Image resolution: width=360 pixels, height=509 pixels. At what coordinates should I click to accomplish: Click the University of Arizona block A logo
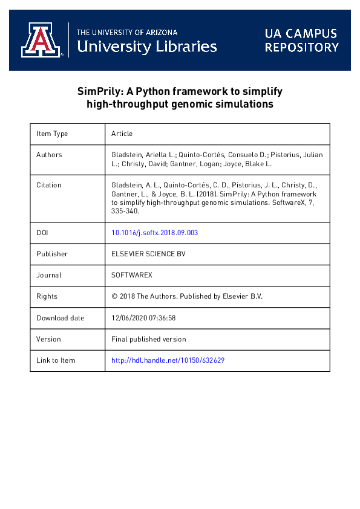point(41,40)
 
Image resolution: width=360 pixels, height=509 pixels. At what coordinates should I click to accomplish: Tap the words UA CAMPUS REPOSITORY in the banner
point(301,41)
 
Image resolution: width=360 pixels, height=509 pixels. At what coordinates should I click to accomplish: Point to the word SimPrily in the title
point(99,91)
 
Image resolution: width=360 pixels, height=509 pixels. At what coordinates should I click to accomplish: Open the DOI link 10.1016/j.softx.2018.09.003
point(155,232)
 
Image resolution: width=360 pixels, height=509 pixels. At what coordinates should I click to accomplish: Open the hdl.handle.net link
point(168,360)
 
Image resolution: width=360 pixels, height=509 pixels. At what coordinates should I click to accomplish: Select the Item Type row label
point(52,134)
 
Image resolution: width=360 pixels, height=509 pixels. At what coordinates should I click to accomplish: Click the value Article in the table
point(122,134)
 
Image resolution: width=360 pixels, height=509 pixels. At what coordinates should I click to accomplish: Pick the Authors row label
point(49,155)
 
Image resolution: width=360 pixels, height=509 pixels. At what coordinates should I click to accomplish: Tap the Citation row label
point(49,185)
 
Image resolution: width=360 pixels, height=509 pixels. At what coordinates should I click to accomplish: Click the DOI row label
point(42,232)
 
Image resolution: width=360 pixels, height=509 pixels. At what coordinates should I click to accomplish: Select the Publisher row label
point(52,254)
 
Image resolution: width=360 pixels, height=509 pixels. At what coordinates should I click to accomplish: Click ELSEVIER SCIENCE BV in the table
point(148,254)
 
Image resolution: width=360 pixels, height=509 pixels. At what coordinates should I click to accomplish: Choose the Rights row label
point(47,296)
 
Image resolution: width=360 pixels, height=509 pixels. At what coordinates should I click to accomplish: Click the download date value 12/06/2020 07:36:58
point(143,318)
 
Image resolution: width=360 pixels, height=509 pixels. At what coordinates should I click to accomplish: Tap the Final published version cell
point(149,339)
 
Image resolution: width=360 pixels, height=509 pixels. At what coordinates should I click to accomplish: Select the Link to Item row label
point(56,360)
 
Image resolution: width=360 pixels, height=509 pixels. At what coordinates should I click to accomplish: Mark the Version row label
point(49,339)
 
